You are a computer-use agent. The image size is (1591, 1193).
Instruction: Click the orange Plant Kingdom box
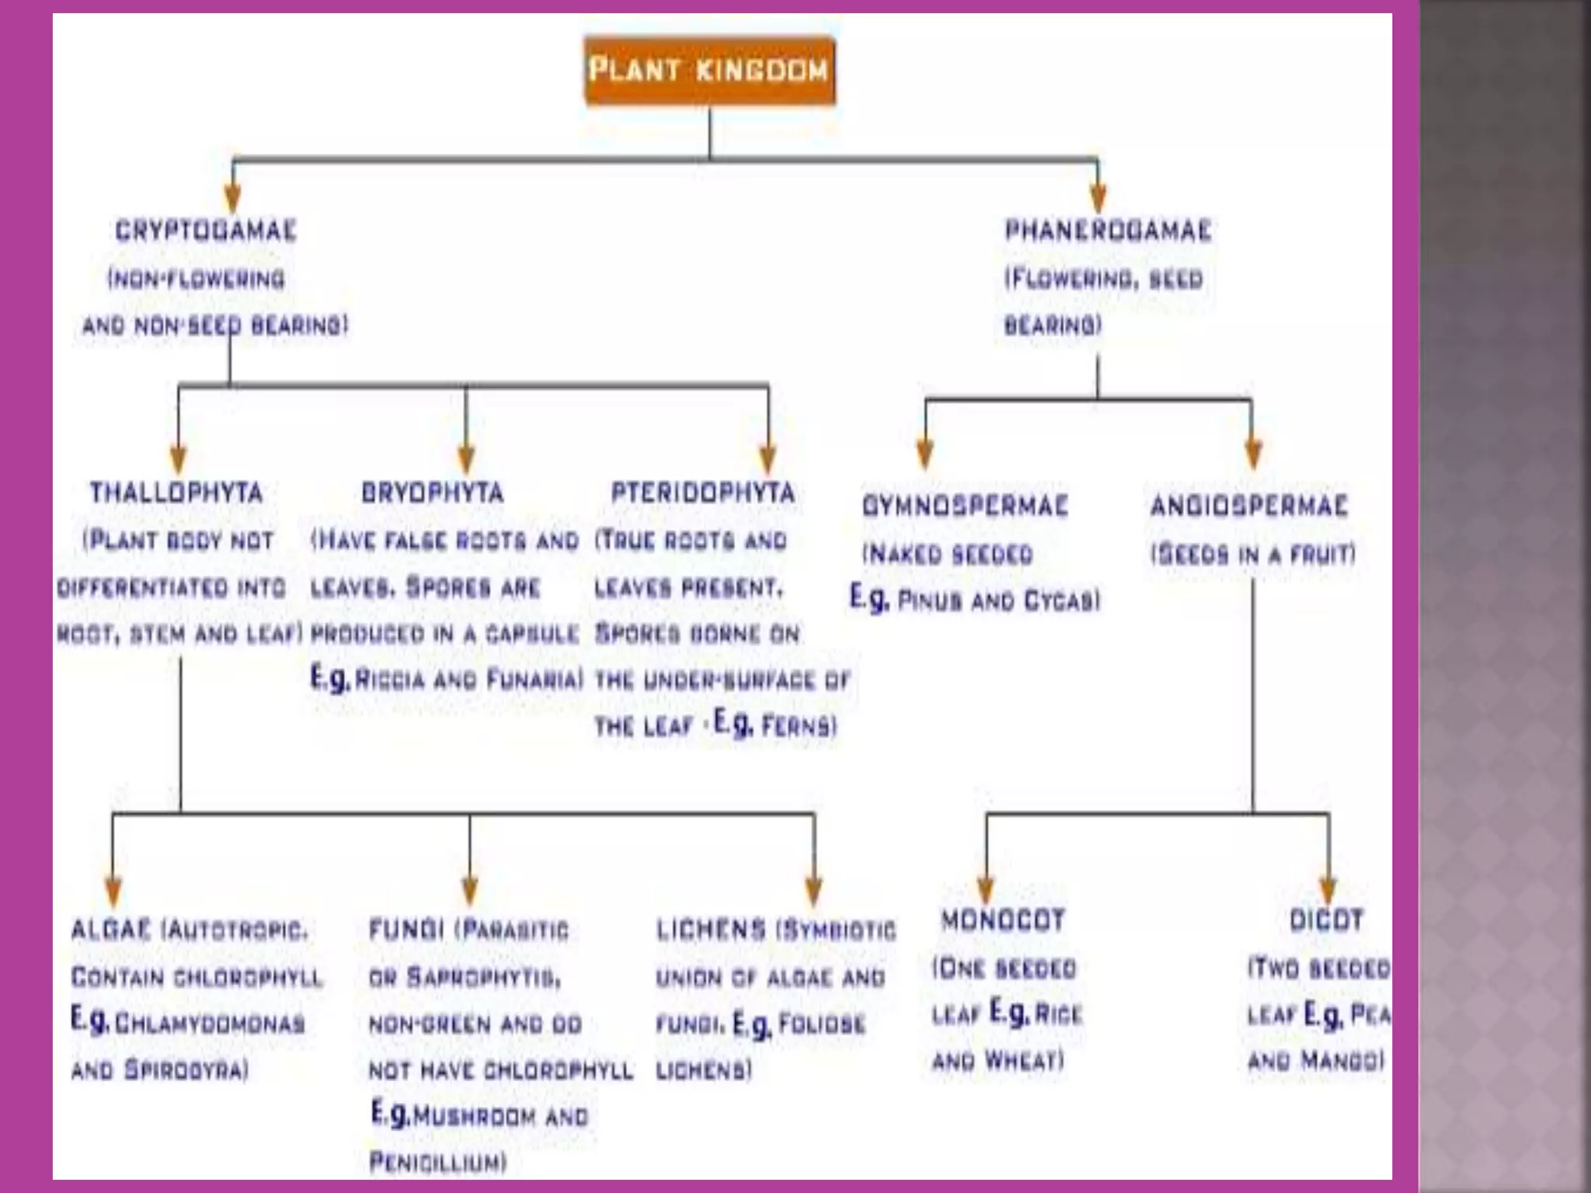click(709, 70)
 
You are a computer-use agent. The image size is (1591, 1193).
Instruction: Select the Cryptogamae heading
click(206, 231)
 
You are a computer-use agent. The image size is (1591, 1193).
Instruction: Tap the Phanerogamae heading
click(1108, 231)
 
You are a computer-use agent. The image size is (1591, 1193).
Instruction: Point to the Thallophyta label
click(176, 492)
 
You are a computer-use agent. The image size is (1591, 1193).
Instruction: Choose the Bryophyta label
click(433, 492)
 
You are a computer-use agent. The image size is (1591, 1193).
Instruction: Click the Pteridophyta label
click(703, 492)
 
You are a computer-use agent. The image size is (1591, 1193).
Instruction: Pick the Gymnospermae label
click(965, 506)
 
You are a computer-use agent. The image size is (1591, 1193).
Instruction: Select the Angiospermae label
click(1248, 506)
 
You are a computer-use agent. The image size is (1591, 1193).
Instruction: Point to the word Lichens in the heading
click(711, 930)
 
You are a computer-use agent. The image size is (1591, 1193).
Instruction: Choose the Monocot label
click(1002, 920)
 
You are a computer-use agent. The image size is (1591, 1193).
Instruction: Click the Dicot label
click(1326, 920)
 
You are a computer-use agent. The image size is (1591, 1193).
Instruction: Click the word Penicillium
click(437, 1163)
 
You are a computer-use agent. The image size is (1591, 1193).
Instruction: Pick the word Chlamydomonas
click(210, 1024)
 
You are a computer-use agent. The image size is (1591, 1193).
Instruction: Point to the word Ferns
click(799, 726)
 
